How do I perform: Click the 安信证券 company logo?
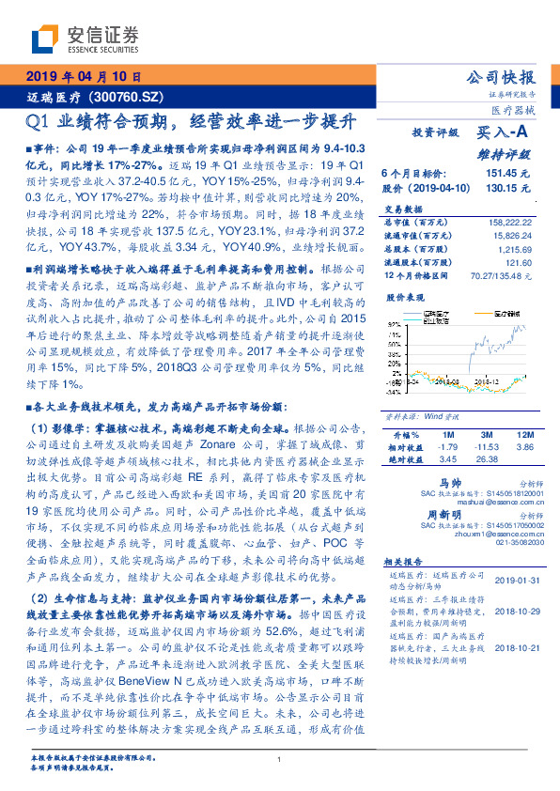tap(85, 39)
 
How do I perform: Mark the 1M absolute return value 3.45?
tap(447, 459)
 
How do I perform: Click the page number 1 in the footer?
tap(280, 760)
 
